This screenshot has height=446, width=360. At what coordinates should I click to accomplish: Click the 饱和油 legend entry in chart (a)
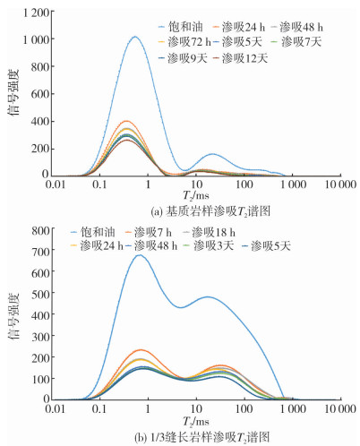[181, 27]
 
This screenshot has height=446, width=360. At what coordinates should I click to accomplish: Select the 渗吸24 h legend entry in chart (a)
[239, 27]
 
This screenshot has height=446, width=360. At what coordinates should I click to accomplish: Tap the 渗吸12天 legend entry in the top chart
[240, 58]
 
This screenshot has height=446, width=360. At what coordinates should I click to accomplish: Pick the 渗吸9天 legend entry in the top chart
[183, 58]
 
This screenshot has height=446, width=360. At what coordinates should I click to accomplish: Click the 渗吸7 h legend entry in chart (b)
[150, 232]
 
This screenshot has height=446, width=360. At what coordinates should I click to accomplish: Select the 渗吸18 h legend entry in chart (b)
[209, 232]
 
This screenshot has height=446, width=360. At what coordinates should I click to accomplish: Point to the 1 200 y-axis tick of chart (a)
[37, 13]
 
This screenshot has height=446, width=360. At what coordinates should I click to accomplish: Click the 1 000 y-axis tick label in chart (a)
[37, 39]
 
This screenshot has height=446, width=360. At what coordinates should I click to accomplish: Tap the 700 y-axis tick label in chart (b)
[40, 251]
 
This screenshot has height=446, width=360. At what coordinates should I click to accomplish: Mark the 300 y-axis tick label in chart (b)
[40, 337]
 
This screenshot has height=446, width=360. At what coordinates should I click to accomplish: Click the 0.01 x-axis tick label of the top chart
[56, 184]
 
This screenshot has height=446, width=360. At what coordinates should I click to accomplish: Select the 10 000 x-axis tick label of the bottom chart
[340, 408]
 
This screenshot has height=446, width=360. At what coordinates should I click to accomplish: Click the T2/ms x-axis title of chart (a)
[196, 196]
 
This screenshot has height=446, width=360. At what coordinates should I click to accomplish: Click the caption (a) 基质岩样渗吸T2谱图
[210, 211]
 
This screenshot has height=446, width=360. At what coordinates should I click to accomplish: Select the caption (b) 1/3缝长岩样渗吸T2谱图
[202, 437]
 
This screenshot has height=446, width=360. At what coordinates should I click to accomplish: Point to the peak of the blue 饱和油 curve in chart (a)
[135, 37]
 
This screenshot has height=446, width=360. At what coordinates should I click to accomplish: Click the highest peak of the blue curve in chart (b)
[140, 255]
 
